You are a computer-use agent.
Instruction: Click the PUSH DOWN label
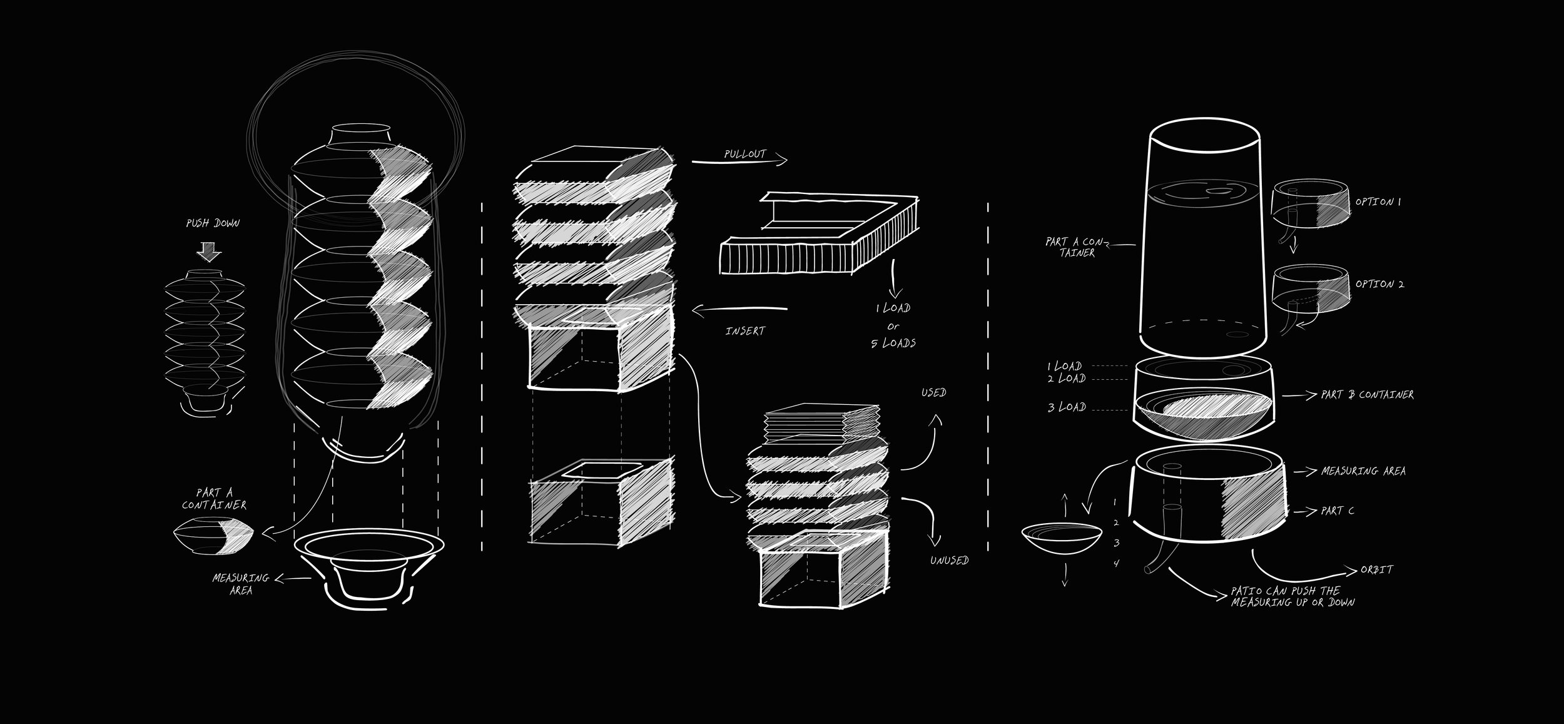213,223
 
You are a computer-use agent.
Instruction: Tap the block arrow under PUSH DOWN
209,252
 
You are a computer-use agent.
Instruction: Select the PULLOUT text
744,154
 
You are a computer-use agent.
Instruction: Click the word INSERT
745,330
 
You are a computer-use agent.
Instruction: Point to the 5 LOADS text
893,343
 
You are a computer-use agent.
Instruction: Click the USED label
933,392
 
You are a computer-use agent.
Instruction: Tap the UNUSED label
949,560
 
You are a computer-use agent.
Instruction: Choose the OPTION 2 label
1379,284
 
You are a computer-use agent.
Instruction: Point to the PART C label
1338,511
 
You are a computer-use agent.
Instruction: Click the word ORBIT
1376,570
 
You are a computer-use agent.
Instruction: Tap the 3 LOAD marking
1067,407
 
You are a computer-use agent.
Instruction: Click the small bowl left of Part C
1062,536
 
